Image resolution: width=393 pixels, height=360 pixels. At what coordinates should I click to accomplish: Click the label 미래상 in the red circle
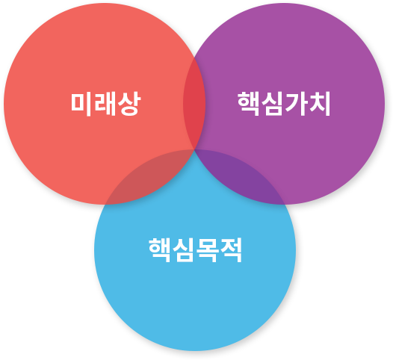(x=105, y=104)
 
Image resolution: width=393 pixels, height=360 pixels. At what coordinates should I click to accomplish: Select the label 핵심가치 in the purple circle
(x=284, y=104)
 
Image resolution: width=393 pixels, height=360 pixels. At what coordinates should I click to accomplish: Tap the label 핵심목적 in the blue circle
(x=195, y=249)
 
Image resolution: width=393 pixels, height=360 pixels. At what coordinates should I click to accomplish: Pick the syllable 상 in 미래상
(x=129, y=104)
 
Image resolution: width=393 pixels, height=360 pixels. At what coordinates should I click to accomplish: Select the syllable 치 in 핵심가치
(x=320, y=104)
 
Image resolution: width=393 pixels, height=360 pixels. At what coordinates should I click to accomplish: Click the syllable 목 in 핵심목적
(x=207, y=250)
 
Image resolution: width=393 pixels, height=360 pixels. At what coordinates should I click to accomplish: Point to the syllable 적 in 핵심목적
(x=231, y=250)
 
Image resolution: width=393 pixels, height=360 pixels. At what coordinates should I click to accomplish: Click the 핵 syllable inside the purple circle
(x=248, y=104)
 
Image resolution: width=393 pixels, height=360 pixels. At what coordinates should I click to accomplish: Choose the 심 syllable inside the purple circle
(x=272, y=104)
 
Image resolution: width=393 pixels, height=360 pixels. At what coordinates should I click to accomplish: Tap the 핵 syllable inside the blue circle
(x=160, y=250)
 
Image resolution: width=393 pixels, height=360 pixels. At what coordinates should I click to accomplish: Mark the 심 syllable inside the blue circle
(x=183, y=250)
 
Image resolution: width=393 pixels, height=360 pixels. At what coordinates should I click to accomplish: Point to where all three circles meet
(x=194, y=150)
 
